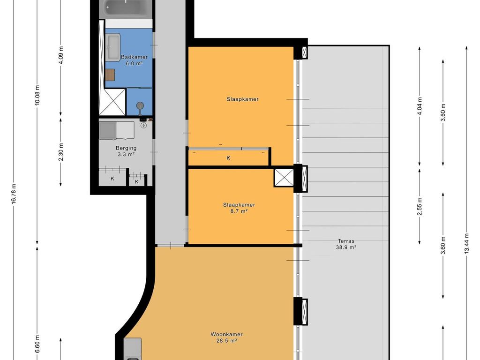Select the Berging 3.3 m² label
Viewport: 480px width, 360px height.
pyautogui.click(x=126, y=151)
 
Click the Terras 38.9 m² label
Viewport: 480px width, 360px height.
pyautogui.click(x=346, y=244)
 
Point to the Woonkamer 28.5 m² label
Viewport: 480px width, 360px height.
pyautogui.click(x=226, y=337)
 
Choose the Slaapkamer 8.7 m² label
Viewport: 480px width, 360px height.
pyautogui.click(x=239, y=208)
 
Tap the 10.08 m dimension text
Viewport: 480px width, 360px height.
pyautogui.click(x=37, y=96)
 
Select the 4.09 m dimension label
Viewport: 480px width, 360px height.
pyautogui.click(x=61, y=54)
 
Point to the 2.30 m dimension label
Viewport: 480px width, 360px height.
pyautogui.click(x=61, y=151)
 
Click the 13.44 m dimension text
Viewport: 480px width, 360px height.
pyautogui.click(x=467, y=244)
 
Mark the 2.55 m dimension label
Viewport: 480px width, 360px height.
pyautogui.click(x=420, y=206)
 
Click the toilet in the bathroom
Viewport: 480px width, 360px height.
pyautogui.click(x=140, y=106)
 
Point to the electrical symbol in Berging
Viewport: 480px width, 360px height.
pyautogui.click(x=143, y=125)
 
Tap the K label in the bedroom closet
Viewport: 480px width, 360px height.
pyautogui.click(x=229, y=158)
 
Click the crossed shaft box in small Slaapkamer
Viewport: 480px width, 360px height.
pyautogui.click(x=284, y=177)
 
